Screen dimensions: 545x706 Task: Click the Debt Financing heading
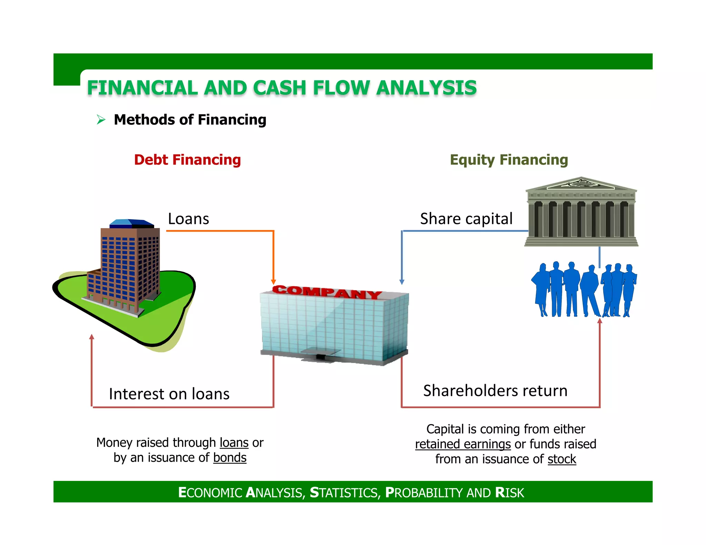187,160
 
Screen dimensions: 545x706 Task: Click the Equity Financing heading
509,160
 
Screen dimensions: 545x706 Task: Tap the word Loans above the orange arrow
188,219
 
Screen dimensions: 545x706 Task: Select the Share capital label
466,219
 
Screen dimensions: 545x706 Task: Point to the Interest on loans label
169,394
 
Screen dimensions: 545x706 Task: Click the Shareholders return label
495,391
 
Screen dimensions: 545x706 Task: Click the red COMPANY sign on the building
326,292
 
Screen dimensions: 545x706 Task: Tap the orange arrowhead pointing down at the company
273,281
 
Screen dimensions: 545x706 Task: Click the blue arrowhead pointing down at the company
402,281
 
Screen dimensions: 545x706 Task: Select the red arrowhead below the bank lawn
92,337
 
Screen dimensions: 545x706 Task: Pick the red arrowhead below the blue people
599,321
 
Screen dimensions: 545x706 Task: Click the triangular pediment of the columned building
581,184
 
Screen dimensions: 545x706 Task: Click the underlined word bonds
230,458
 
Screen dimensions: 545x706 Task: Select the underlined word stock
562,459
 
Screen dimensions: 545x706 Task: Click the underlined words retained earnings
463,444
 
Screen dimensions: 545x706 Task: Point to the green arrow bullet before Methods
101,120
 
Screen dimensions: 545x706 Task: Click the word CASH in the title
280,88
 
